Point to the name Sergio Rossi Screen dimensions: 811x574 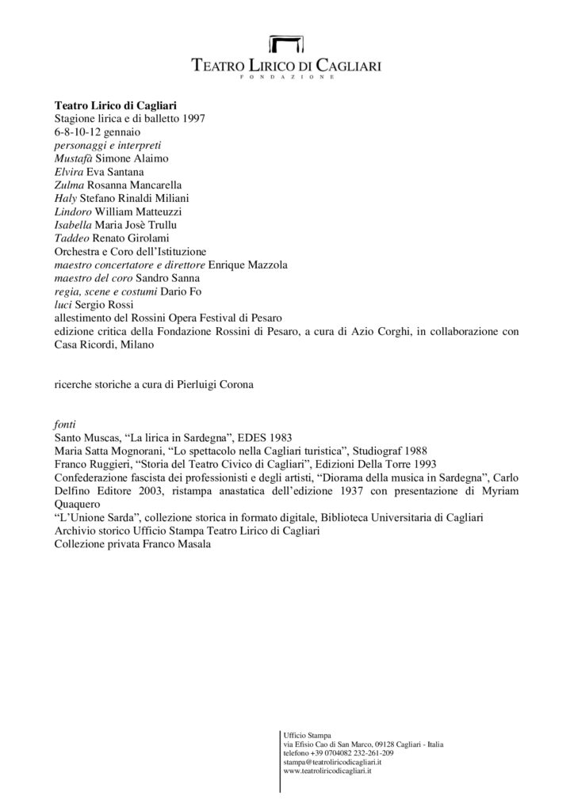101,305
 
